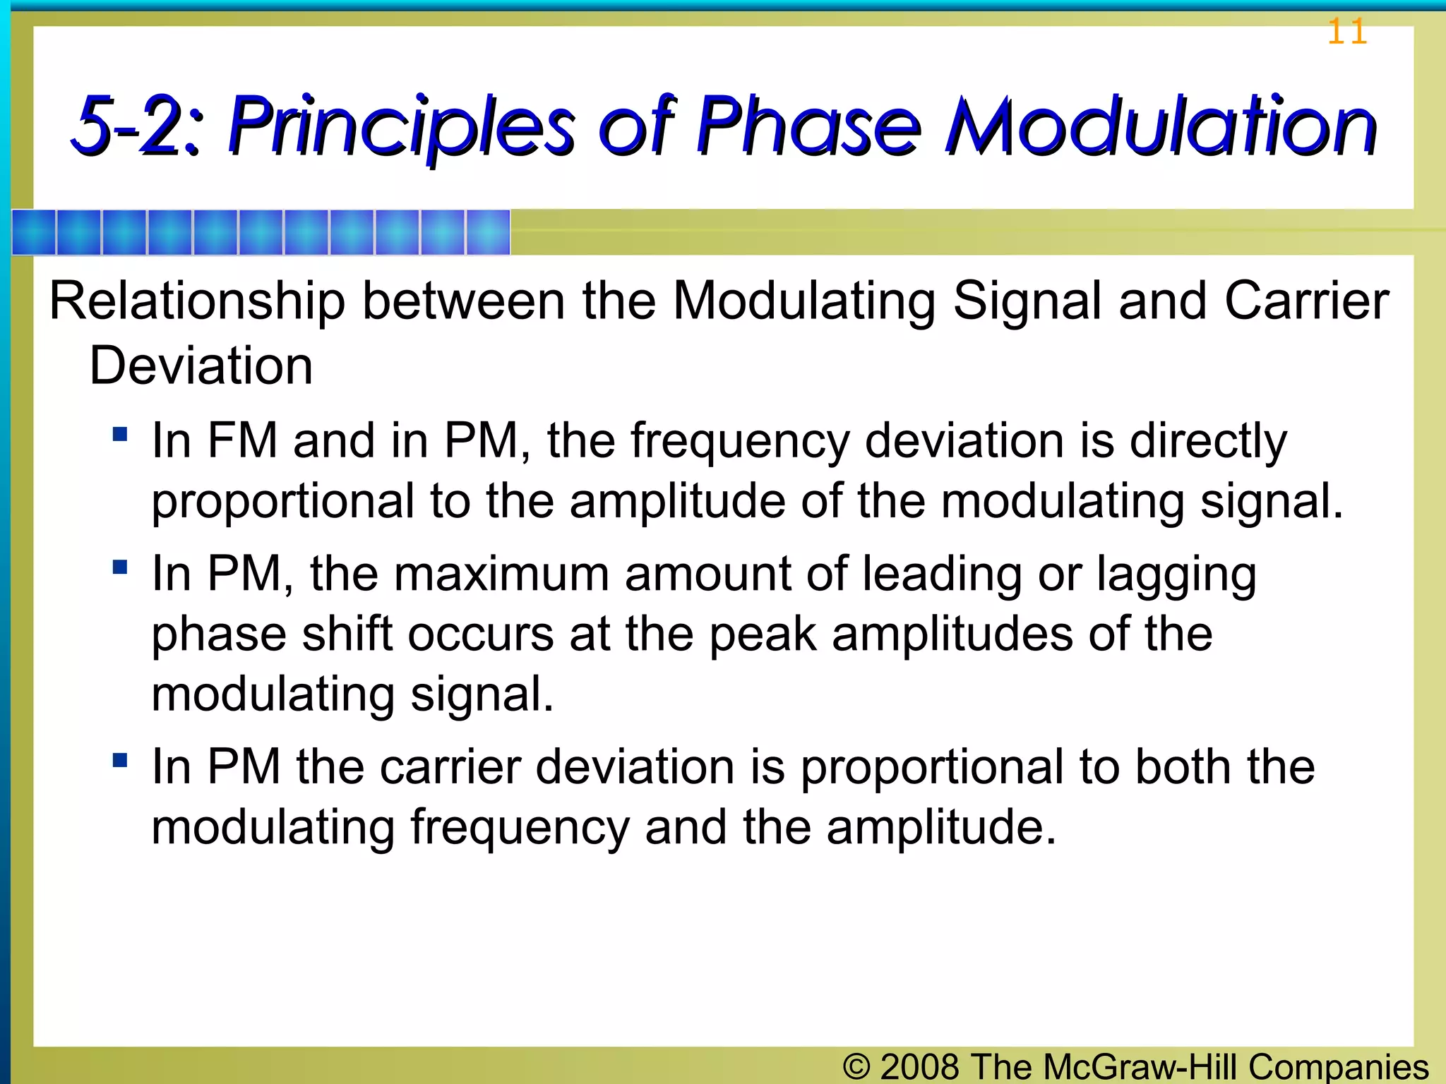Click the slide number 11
pos(1346,32)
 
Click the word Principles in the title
pos(402,127)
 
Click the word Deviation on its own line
pos(201,366)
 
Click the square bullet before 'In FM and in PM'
pos(120,433)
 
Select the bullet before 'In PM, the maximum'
pos(120,567)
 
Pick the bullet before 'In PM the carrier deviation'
pos(120,760)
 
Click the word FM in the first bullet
pos(242,441)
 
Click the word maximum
pos(501,574)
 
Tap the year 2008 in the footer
pos(920,1066)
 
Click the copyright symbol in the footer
pos(856,1066)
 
